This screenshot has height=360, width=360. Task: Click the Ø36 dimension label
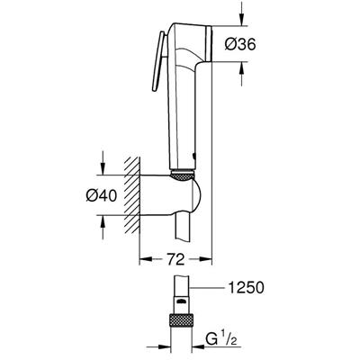tap(240, 45)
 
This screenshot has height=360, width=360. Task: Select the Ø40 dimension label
tap(101, 196)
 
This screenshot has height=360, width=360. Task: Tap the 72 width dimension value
tap(175, 260)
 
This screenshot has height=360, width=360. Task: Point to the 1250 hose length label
tap(246, 288)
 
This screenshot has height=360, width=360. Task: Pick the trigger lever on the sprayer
tap(157, 60)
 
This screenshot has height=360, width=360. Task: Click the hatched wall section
tap(132, 195)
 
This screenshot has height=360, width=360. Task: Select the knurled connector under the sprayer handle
tap(182, 176)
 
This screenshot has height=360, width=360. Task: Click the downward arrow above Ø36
tap(242, 15)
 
